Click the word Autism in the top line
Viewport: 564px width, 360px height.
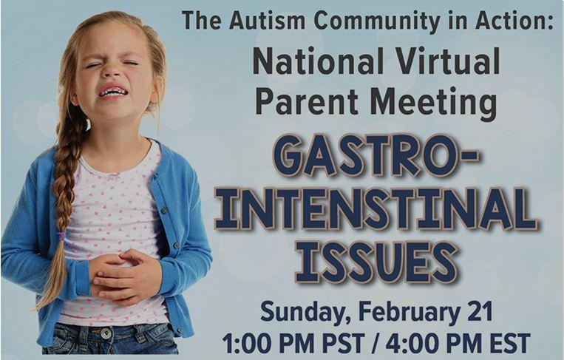(x=268, y=20)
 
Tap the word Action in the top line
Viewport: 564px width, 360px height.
(x=514, y=20)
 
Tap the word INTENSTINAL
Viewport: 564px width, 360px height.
(x=376, y=209)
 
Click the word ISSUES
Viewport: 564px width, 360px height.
(x=376, y=262)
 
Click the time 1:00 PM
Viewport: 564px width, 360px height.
(x=268, y=344)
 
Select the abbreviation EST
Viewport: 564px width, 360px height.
(x=510, y=344)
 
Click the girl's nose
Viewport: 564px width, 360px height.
(x=112, y=71)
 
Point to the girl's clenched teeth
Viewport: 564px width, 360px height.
(x=113, y=92)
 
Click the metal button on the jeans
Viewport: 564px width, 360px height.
(x=106, y=333)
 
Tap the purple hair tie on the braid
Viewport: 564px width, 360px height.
(x=62, y=236)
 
